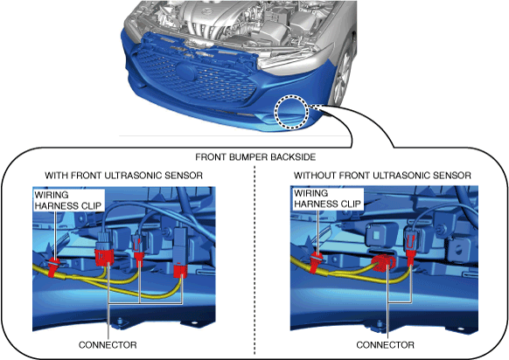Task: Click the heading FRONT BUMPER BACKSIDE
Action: [x=255, y=157]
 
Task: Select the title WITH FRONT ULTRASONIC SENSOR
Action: [x=123, y=176]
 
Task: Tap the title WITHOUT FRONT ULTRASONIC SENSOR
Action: [x=382, y=176]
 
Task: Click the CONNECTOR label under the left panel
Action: [x=108, y=345]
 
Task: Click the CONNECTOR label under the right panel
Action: [x=385, y=345]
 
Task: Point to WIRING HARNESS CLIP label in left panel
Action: [x=68, y=200]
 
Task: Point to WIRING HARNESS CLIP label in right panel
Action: [x=327, y=198]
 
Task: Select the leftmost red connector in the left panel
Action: [x=103, y=257]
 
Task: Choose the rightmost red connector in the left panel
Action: [x=180, y=272]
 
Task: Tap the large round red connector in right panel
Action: [x=383, y=262]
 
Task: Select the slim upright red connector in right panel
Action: [x=411, y=250]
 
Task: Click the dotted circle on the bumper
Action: [x=291, y=111]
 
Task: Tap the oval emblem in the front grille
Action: [x=186, y=72]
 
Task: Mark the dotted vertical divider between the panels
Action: [x=254, y=260]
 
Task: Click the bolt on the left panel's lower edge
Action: [x=120, y=322]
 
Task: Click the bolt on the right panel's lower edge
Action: [x=379, y=323]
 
